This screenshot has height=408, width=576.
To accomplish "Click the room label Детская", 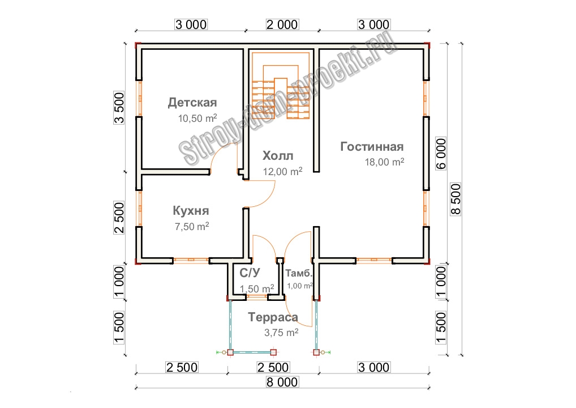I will click(x=192, y=103).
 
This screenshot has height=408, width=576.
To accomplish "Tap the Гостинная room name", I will click(x=372, y=147).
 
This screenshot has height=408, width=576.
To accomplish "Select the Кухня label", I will click(x=191, y=211).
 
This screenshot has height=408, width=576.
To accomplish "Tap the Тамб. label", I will click(x=299, y=273).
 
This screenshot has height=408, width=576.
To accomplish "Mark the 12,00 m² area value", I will click(x=282, y=171).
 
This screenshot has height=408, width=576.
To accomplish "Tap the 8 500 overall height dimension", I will click(x=456, y=198).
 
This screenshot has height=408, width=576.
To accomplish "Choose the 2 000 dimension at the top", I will click(x=281, y=24).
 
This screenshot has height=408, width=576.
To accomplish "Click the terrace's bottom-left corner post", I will click(x=230, y=352).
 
